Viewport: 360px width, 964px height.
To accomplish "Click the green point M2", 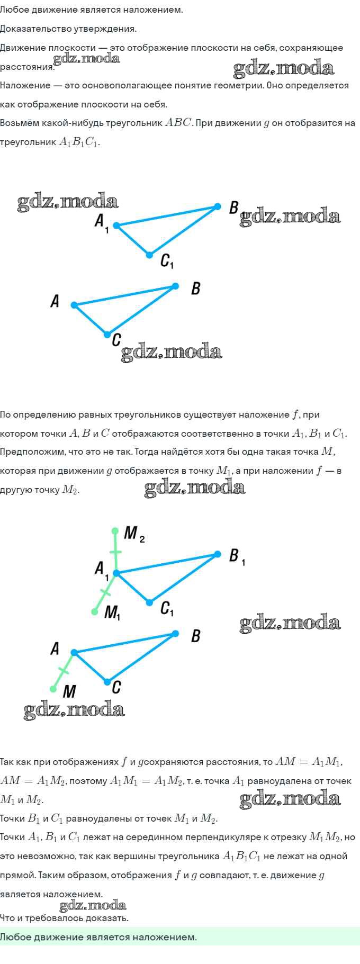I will click(115, 530).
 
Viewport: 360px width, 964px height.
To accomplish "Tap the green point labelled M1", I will click(95, 611).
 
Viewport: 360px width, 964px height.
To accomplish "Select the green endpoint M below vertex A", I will click(53, 689).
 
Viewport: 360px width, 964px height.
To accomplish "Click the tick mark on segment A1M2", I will click(115, 553).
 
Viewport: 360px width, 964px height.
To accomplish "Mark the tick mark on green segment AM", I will click(64, 671).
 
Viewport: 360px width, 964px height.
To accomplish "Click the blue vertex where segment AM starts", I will click(74, 652).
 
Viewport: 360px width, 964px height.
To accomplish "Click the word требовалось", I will click(46, 918).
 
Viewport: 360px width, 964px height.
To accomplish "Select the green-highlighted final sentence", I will click(98, 937).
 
